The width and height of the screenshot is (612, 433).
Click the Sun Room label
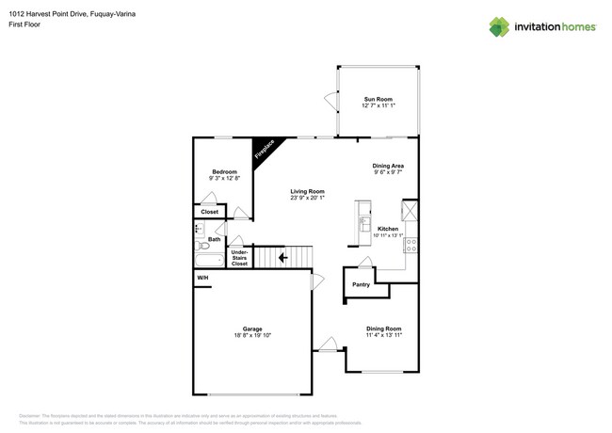[378, 99]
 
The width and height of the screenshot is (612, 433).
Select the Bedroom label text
[223, 171]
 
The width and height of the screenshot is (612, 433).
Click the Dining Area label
[388, 166]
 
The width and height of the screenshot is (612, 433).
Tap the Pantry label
[361, 284]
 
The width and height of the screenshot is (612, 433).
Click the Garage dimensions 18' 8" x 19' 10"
[252, 335]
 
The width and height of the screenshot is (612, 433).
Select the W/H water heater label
[202, 279]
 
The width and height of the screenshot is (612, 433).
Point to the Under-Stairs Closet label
[239, 258]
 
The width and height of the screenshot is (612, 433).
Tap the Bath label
[215, 239]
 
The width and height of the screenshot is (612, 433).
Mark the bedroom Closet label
[209, 212]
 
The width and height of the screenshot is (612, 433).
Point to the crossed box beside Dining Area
[411, 210]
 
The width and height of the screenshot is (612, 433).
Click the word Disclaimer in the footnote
[31, 415]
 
